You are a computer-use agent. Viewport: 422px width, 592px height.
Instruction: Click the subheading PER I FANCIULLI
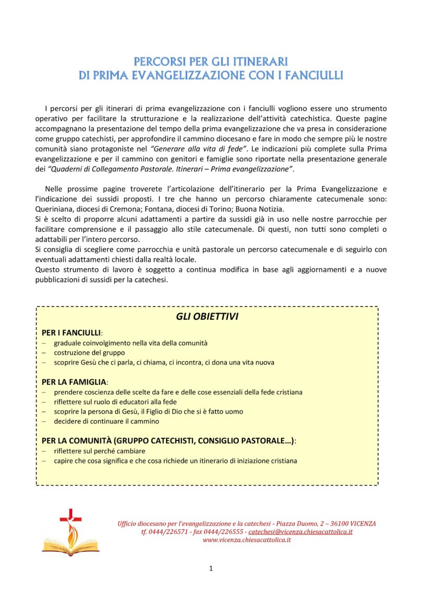coord(71,333)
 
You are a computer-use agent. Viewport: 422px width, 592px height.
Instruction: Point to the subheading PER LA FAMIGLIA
coord(74,381)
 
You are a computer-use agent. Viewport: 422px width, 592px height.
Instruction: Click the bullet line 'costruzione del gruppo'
coord(90,352)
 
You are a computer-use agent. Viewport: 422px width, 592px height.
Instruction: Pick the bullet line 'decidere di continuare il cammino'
coord(106,421)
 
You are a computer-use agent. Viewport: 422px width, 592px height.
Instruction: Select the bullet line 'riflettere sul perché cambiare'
coord(99,451)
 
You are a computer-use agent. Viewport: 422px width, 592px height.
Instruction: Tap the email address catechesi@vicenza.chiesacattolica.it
coord(301,532)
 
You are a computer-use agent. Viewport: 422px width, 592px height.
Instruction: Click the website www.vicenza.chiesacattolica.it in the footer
coord(247,540)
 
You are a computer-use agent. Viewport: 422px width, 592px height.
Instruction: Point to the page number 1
coord(211,568)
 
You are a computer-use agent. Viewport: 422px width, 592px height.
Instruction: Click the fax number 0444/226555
coord(225,532)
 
